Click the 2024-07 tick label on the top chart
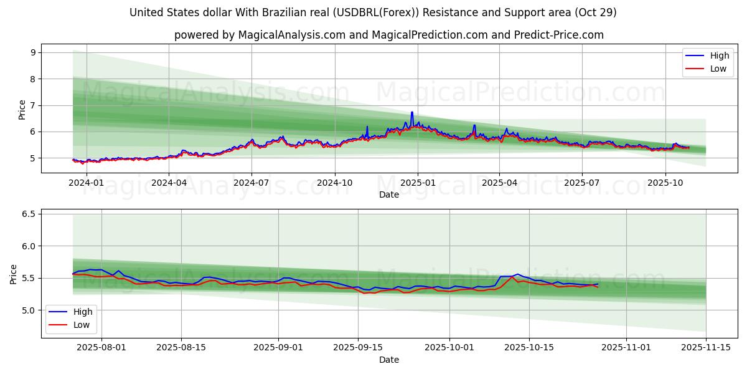point(251,183)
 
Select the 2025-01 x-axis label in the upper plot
point(417,183)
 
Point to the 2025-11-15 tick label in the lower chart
point(706,348)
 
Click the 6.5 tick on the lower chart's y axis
point(27,214)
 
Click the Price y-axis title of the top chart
point(22,109)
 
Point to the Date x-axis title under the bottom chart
point(389,360)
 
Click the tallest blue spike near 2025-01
point(411,113)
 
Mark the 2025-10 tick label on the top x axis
point(665,183)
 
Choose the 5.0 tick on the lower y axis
point(27,310)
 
